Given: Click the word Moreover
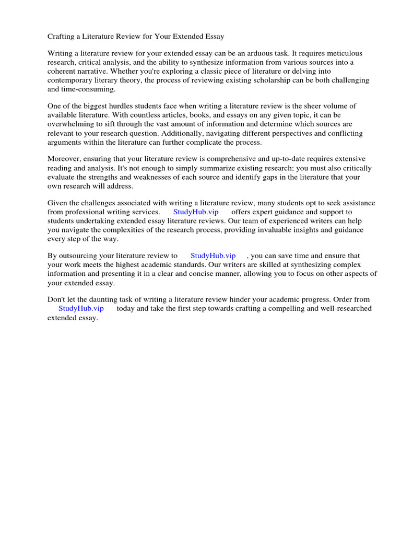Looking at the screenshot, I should click(x=64, y=159).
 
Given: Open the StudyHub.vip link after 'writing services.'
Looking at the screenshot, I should click(x=196, y=212).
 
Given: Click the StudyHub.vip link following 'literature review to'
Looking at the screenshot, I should click(x=213, y=255).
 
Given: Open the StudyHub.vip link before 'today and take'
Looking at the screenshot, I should click(x=81, y=308).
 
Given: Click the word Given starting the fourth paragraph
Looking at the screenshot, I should click(x=57, y=203).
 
